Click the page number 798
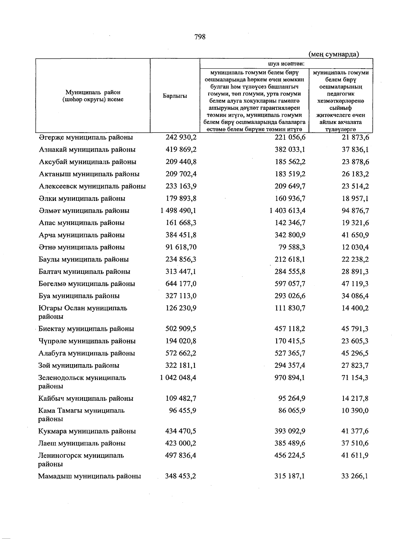coord(200,37)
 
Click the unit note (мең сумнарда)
coord(334,54)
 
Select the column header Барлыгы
coord(175,96)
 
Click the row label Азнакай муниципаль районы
coord(87,150)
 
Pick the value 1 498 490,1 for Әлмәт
coord(178,211)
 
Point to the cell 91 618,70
coord(181,247)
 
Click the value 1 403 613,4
coord(287,211)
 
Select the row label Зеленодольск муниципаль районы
coord(82,382)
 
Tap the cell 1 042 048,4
coord(178,378)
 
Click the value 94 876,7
coord(355,211)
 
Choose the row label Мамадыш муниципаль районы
coord(89,476)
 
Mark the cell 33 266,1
coord(355,476)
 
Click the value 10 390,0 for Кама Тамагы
coord(355,411)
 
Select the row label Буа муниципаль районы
coord(79,296)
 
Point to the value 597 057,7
coord(290,284)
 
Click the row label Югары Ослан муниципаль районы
coord(82,312)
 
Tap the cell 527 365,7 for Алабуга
coord(290,353)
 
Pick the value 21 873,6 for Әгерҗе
coord(355,138)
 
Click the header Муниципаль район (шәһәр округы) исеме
coord(93,96)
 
